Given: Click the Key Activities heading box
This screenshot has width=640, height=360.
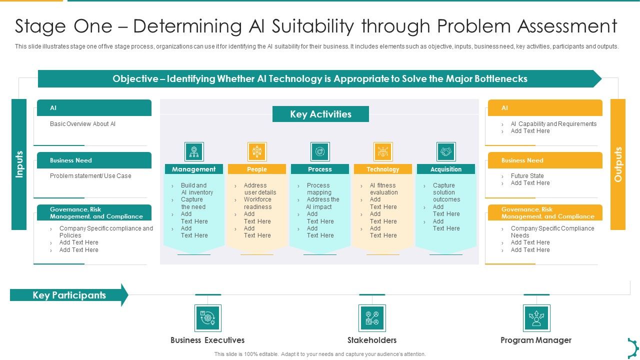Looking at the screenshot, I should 320,114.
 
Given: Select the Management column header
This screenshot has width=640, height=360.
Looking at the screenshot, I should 194,169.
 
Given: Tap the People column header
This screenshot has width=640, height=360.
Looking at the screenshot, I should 257,169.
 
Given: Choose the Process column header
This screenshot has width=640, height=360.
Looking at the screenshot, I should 320,169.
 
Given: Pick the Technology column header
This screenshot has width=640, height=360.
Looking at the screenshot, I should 383,169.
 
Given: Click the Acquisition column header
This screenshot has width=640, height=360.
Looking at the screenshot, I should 446,169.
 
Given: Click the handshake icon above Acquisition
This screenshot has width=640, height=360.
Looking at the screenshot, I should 446,151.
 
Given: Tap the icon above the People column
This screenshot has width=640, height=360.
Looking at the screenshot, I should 257,151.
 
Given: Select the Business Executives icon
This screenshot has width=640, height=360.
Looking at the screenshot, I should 207,318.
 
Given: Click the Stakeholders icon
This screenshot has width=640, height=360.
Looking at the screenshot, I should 372,318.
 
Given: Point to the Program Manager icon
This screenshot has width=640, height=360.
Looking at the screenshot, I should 536,318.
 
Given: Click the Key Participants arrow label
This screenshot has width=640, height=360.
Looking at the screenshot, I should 69,295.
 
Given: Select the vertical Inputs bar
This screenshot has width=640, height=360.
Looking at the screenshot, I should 19,164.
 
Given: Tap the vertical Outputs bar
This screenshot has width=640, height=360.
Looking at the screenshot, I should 618,164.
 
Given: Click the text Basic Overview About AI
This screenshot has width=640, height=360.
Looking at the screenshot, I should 82,124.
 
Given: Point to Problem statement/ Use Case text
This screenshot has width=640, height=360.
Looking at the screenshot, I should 90,176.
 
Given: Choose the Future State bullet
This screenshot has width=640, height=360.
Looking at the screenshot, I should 527,176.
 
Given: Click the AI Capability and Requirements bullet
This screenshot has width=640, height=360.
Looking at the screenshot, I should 553,124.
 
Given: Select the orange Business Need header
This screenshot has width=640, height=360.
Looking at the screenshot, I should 545,160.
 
